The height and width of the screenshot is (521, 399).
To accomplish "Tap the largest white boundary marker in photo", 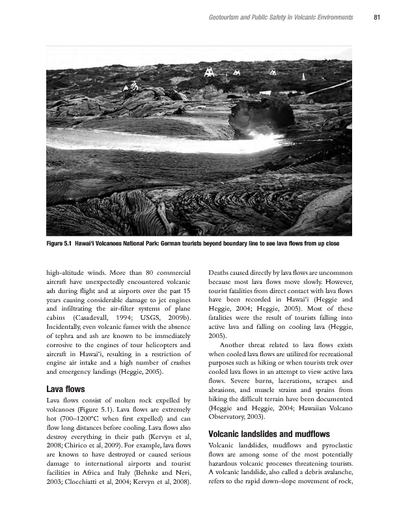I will pos(209,72).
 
